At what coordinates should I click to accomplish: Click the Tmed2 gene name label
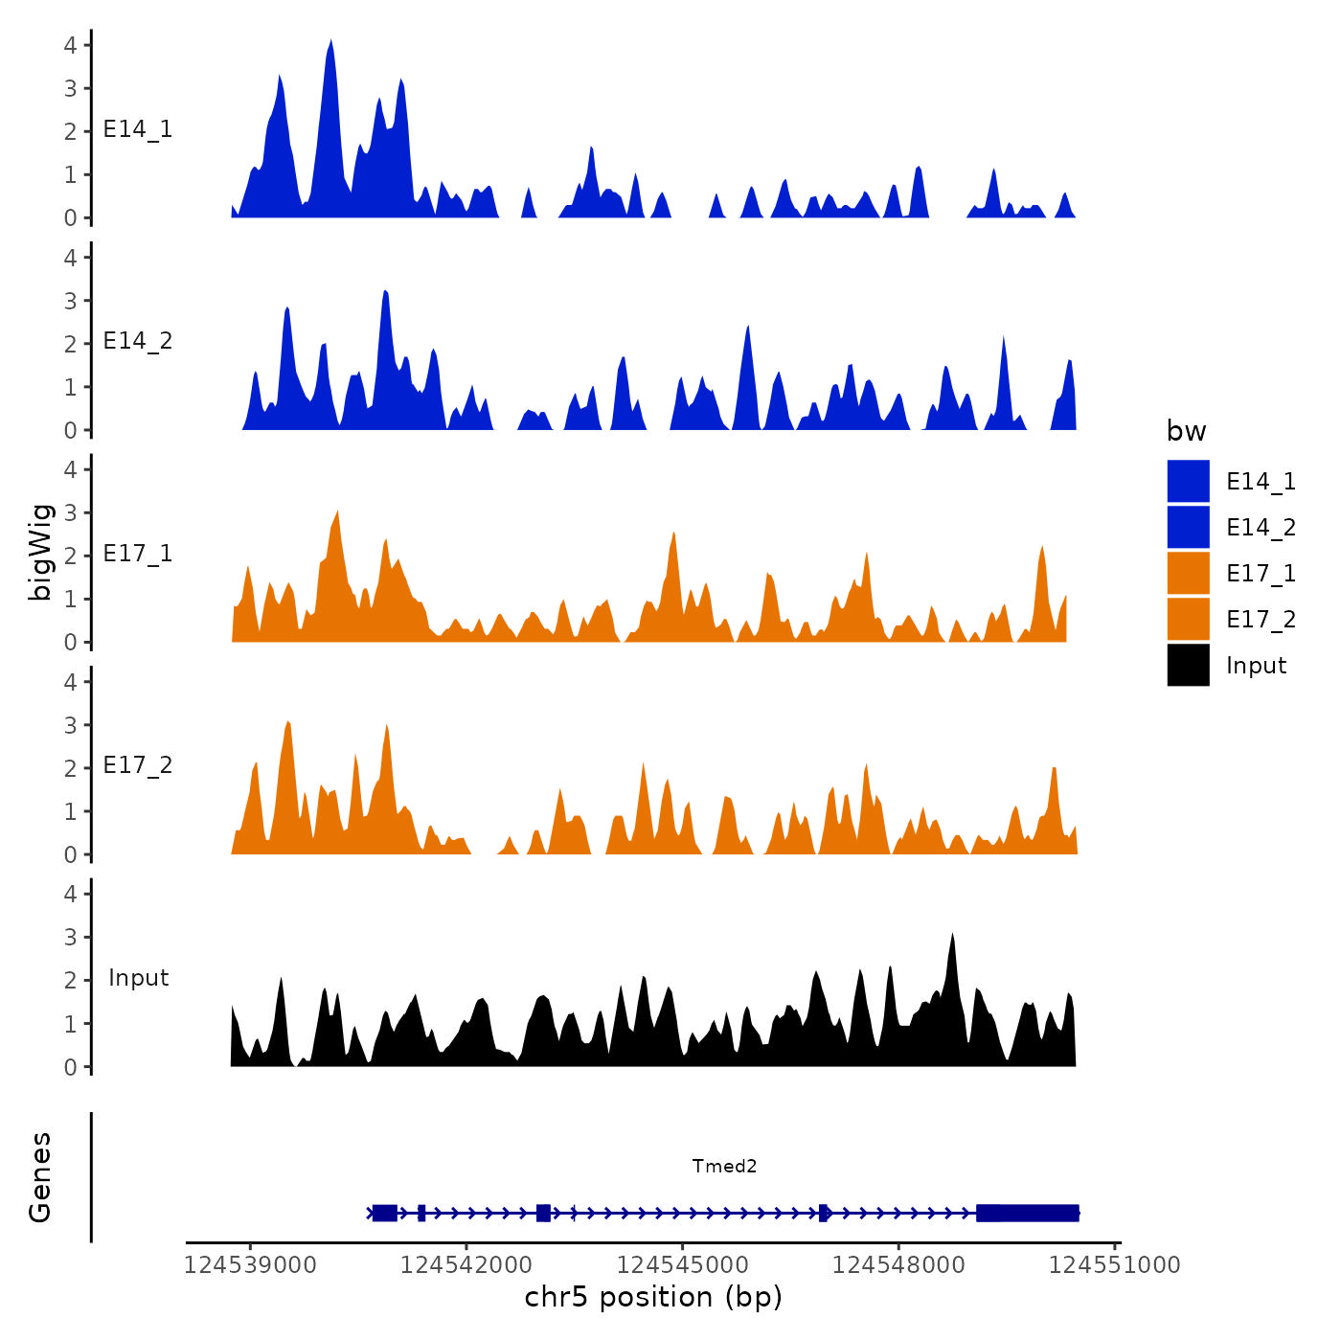(724, 1166)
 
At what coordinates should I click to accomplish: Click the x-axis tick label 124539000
(250, 1264)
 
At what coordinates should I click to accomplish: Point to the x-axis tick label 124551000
(1115, 1264)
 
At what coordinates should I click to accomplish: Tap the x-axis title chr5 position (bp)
(653, 1297)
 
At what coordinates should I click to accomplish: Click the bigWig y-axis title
(40, 552)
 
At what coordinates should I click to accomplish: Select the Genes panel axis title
(40, 1177)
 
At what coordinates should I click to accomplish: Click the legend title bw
(1186, 431)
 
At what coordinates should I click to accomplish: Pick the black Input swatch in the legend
(1188, 665)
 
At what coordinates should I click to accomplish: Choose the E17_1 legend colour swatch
(1188, 573)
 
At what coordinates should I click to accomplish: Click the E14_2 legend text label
(1261, 528)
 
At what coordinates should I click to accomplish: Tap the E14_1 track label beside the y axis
(138, 129)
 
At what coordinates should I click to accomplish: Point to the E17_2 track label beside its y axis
(138, 765)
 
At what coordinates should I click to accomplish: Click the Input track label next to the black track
(138, 978)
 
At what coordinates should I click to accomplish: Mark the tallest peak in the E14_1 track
(330, 44)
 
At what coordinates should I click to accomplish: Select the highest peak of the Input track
(952, 937)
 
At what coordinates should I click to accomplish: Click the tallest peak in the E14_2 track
(385, 293)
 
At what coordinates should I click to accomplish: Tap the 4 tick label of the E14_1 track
(71, 45)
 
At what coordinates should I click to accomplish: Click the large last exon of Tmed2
(1028, 1213)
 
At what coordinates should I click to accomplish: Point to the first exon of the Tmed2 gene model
(384, 1213)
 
